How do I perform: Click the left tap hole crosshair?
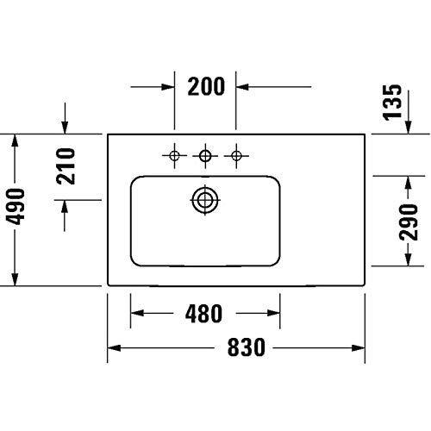(174, 156)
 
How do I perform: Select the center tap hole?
(205, 156)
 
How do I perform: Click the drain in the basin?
(205, 200)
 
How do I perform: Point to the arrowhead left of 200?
(168, 87)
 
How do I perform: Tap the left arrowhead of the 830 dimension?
(113, 349)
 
